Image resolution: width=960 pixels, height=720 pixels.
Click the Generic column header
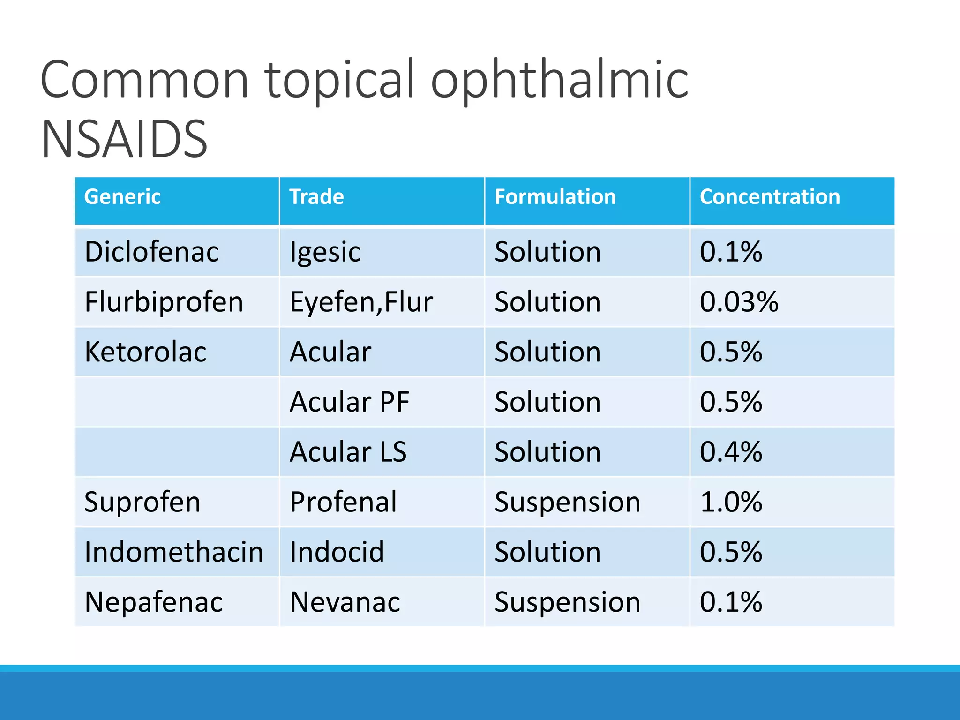[122, 197]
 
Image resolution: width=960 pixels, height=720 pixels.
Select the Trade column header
[316, 197]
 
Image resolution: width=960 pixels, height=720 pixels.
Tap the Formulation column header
[555, 197]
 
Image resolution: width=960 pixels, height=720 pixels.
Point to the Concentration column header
[770, 197]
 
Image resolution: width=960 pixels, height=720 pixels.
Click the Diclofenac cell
[151, 252]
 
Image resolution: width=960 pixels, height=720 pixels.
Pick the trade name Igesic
[325, 252]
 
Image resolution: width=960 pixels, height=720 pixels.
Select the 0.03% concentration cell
[739, 302]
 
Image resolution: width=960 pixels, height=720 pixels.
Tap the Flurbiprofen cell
[164, 302]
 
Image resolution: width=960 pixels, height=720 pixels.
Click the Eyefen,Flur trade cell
[361, 302]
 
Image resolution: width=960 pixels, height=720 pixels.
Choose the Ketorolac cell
[145, 352]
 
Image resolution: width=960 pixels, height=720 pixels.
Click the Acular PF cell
[350, 402]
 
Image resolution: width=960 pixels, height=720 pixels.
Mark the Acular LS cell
[348, 452]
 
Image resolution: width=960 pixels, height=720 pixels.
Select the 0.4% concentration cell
[731, 452]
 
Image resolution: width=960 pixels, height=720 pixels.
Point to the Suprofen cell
[142, 502]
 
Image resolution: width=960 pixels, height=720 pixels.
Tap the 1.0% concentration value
[731, 502]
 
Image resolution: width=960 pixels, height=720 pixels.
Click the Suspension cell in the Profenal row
[567, 502]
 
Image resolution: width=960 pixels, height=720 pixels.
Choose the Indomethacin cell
[174, 552]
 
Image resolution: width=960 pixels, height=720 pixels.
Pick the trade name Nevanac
[345, 602]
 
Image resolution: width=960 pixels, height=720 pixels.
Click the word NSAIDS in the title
[124, 139]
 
